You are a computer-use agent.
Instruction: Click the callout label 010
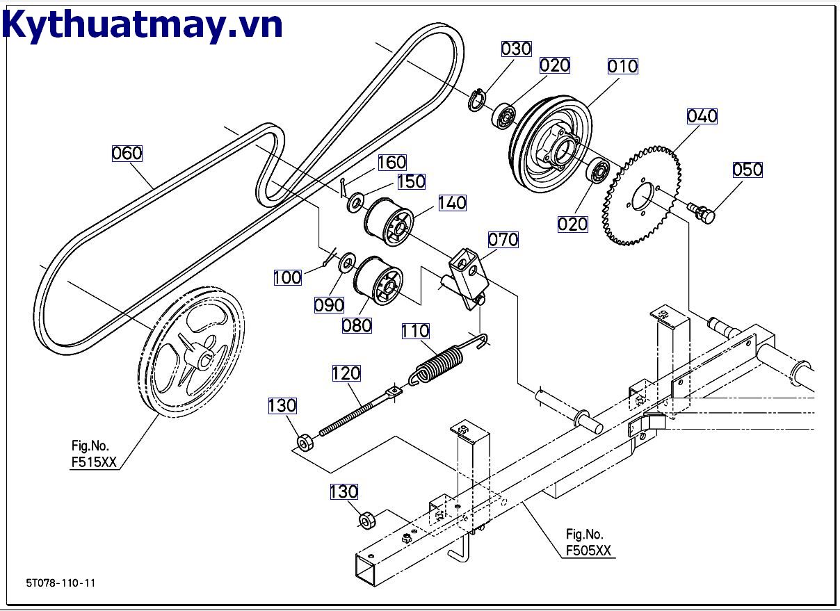click(622, 66)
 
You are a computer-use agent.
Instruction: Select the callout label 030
click(516, 49)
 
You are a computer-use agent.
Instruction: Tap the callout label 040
click(702, 116)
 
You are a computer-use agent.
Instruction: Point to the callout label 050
click(748, 170)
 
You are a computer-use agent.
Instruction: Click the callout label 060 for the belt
click(127, 153)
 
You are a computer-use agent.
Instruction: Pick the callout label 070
click(503, 240)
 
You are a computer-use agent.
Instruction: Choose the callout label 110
click(415, 331)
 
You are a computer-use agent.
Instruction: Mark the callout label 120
click(346, 373)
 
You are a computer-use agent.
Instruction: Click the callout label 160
click(391, 163)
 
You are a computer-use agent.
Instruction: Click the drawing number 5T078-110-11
click(60, 583)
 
